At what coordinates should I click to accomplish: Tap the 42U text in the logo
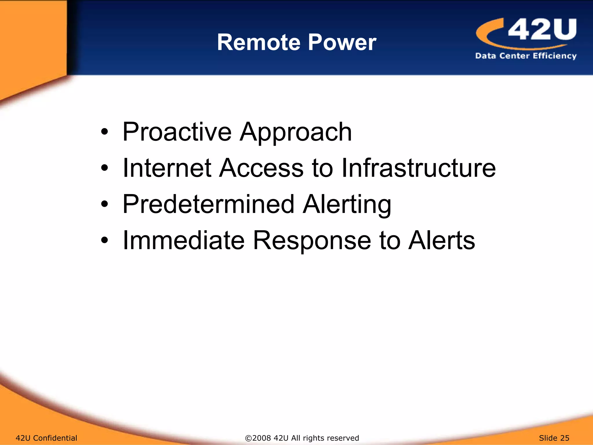coord(542,29)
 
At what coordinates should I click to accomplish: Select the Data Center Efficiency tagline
coord(526,56)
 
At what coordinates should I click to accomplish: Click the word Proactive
coord(177,132)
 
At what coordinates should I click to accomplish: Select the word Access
coord(261,168)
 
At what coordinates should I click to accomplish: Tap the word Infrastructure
coord(418,168)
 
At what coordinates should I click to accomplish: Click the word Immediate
coord(184,240)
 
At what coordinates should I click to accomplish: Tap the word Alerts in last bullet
coord(441,240)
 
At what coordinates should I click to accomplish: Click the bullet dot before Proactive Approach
coord(105,132)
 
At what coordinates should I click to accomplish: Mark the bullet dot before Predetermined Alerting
coord(105,204)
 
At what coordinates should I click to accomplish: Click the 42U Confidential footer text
coord(46,438)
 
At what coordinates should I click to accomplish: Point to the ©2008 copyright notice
coord(302,438)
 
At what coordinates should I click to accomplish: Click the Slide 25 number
coord(554,438)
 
